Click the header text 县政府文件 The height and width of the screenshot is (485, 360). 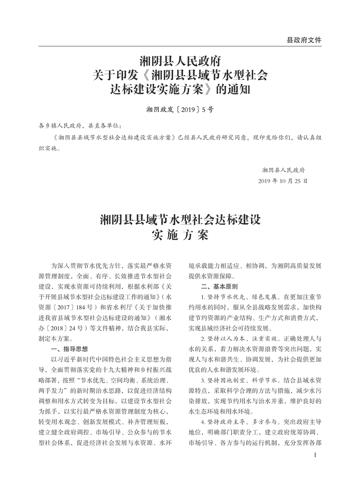(304, 40)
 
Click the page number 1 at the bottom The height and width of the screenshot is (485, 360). (315, 455)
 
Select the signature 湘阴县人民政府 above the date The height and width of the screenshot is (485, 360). (283, 169)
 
